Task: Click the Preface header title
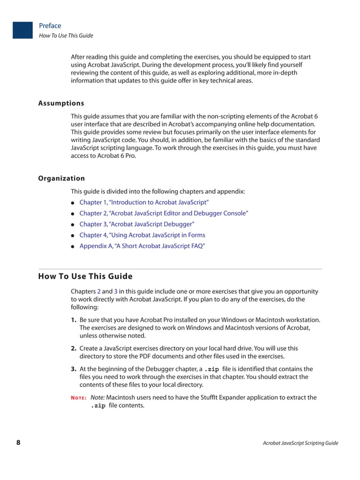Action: (x=50, y=25)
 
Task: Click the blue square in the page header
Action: (x=23, y=30)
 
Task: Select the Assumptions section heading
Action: (x=61, y=103)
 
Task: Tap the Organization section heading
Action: (x=62, y=178)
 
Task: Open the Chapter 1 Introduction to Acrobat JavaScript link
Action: (x=144, y=202)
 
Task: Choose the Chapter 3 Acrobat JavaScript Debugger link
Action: (x=137, y=224)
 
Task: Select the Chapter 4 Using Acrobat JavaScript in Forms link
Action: (x=142, y=235)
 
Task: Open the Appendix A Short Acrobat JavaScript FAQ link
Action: (x=142, y=246)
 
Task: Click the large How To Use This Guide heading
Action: (x=85, y=276)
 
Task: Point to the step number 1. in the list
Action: (x=74, y=320)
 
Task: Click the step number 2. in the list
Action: (x=74, y=349)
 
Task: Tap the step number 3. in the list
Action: (x=74, y=369)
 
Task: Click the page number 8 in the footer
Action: (x=18, y=443)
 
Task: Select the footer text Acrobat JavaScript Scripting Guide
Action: (x=300, y=443)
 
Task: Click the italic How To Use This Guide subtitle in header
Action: (x=66, y=36)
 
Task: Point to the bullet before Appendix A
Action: (x=73, y=246)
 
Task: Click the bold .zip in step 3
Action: (x=212, y=369)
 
